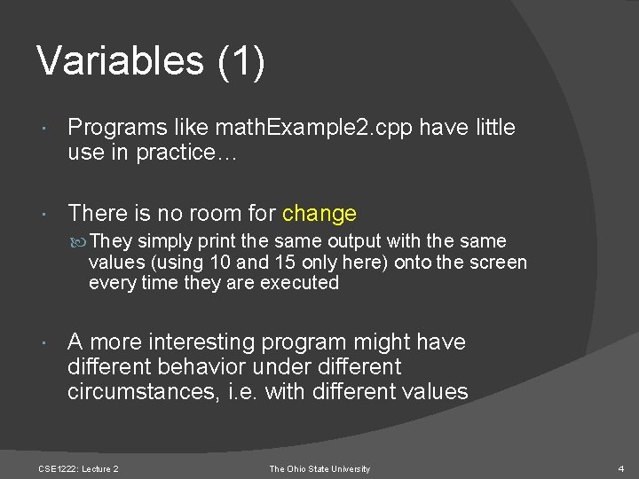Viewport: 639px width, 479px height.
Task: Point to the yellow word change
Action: click(x=319, y=214)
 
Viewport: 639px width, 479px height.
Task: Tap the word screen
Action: click(x=500, y=263)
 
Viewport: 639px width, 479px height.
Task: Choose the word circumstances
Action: click(x=137, y=392)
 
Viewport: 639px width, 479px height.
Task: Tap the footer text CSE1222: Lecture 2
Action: click(x=78, y=468)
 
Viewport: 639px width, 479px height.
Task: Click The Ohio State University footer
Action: click(x=319, y=468)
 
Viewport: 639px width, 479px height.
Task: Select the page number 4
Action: click(x=621, y=468)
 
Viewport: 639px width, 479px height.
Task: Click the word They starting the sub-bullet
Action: click(x=109, y=241)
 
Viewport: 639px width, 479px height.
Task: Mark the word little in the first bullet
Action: click(x=492, y=128)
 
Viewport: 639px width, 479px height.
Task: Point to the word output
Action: click(x=357, y=241)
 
